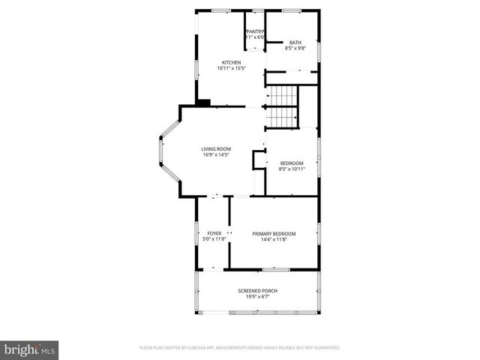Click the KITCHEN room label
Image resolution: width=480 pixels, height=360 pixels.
[x=231, y=62]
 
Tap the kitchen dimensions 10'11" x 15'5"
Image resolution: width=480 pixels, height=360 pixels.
[x=231, y=68]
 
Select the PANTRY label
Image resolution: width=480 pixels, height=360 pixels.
[x=256, y=31]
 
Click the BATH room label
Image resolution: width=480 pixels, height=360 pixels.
[x=295, y=43]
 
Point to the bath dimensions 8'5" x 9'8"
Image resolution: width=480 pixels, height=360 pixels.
[x=295, y=49]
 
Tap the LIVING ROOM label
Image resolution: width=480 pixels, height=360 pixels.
[x=215, y=149]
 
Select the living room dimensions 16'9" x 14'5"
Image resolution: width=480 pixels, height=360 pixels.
[x=215, y=155]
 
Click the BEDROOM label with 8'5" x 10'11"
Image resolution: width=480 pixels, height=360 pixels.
[x=292, y=163]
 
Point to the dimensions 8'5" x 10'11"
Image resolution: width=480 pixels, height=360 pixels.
[x=292, y=169]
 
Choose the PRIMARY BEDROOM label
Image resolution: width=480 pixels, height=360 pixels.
[x=274, y=233]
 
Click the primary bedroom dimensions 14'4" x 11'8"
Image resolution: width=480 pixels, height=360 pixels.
[x=274, y=239]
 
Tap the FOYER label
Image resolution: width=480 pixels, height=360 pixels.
[x=214, y=233]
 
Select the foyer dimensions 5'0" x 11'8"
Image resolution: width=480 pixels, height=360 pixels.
[x=214, y=239]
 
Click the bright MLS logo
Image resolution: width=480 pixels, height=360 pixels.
[x=30, y=349]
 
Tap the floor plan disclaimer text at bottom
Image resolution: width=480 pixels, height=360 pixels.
[x=240, y=348]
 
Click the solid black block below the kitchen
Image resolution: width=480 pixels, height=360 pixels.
[x=202, y=102]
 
